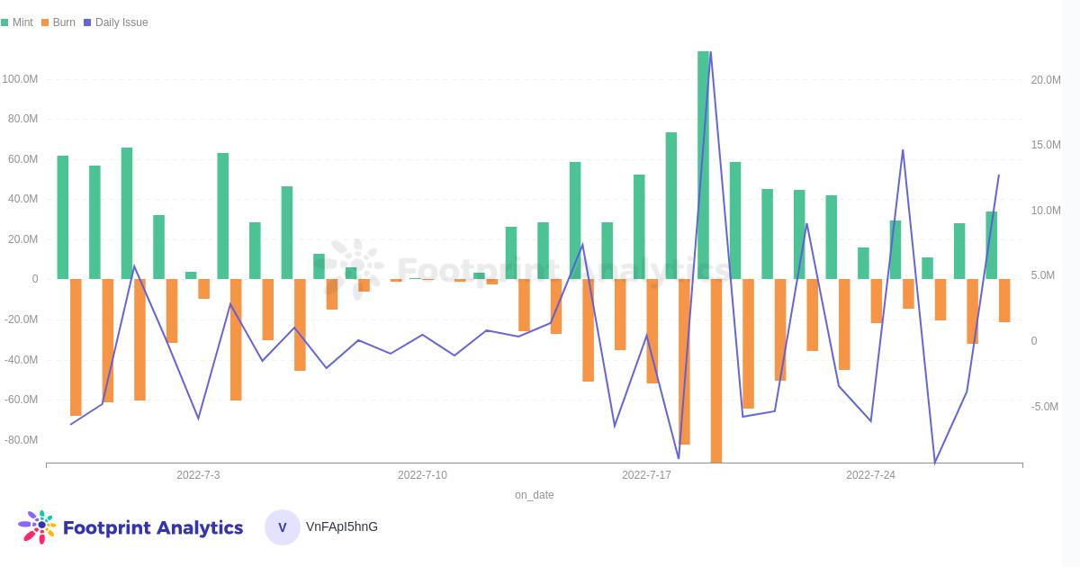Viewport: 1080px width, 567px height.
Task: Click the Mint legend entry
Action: pyautogui.click(x=18, y=22)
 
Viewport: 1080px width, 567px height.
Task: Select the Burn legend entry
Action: pyautogui.click(x=58, y=22)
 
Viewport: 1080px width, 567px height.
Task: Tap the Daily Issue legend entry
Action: pyautogui.click(x=116, y=22)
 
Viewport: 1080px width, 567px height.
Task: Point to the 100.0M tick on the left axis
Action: pyautogui.click(x=20, y=79)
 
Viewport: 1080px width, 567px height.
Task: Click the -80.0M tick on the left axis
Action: pyautogui.click(x=21, y=440)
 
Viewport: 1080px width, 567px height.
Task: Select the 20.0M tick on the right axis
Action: pyautogui.click(x=1045, y=80)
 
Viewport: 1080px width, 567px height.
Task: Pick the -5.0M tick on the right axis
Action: pyautogui.click(x=1045, y=407)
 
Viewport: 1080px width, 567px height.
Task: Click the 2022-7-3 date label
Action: pyautogui.click(x=198, y=475)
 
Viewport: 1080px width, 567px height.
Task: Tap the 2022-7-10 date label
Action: pyautogui.click(x=422, y=475)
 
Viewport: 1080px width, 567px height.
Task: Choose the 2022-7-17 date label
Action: pyautogui.click(x=646, y=475)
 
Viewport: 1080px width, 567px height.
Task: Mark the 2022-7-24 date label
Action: pyautogui.click(x=870, y=475)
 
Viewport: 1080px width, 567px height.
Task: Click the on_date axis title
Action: pyautogui.click(x=534, y=495)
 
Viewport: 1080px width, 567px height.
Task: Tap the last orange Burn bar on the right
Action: pyautogui.click(x=1004, y=301)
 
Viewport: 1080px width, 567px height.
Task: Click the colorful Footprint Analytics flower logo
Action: pyautogui.click(x=37, y=526)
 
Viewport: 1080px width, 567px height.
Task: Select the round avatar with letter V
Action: pyautogui.click(x=282, y=527)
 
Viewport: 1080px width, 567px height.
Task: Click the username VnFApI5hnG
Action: pyautogui.click(x=342, y=526)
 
